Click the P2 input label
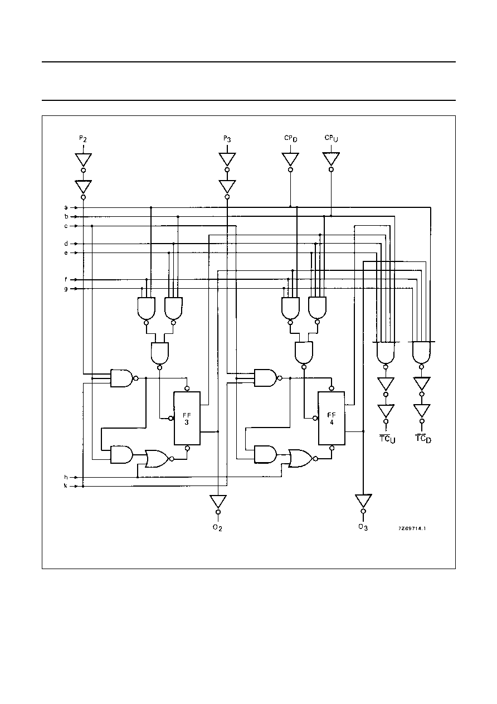click(82, 139)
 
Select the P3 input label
click(227, 139)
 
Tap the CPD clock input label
click(291, 138)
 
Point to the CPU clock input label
click(331, 138)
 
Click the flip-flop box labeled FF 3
click(187, 418)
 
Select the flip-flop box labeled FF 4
click(332, 418)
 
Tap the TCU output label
click(387, 439)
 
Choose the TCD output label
click(423, 438)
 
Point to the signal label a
click(66, 207)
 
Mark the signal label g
click(66, 289)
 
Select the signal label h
click(66, 477)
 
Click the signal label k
click(66, 486)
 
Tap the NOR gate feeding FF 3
click(157, 459)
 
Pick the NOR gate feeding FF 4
click(301, 459)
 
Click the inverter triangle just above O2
click(218, 502)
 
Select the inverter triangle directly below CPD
click(290, 159)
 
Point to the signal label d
click(66, 244)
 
